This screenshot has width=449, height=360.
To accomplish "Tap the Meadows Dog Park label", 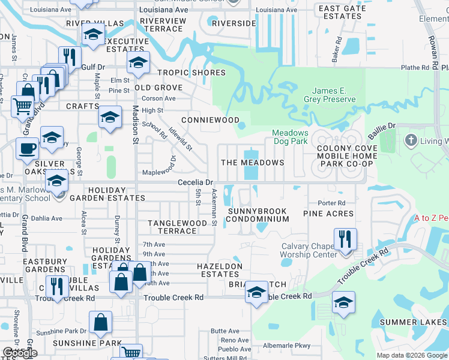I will (290, 137).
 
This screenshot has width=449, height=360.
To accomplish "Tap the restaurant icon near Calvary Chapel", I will (345, 239).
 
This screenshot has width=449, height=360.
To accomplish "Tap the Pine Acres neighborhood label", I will (328, 214).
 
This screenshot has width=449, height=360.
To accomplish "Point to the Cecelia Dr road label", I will (195, 182).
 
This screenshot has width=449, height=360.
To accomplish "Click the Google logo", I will (20, 353).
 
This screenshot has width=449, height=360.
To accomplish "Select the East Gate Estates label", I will (342, 12).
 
